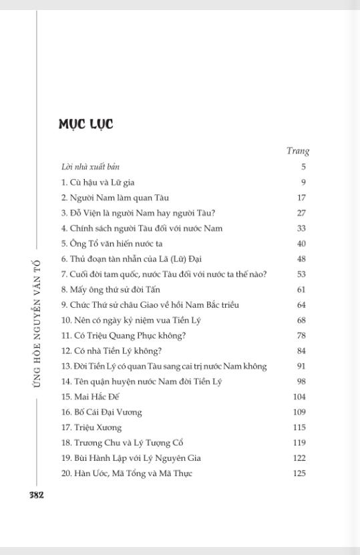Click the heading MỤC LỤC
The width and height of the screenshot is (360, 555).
click(85, 124)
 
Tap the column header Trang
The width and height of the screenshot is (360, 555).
click(297, 151)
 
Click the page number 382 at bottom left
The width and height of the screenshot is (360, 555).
click(36, 495)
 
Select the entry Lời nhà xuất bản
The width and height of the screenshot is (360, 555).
click(90, 167)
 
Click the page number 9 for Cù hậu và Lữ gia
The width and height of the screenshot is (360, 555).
click(303, 182)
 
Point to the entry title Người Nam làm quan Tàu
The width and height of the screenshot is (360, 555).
click(115, 198)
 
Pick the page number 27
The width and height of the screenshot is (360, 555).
click(301, 213)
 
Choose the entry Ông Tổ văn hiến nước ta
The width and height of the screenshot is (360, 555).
click(112, 244)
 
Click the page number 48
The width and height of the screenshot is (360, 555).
click(301, 259)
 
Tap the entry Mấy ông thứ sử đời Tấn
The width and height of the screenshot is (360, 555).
click(111, 290)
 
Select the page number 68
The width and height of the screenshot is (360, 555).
click(301, 320)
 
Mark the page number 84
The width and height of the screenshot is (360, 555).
click(301, 351)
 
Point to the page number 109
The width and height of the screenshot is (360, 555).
click(299, 412)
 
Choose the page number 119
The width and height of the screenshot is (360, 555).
click(299, 443)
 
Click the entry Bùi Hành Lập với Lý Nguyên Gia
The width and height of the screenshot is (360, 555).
click(131, 458)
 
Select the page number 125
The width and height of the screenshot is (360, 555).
click(299, 474)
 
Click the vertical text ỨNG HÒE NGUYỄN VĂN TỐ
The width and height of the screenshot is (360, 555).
click(37, 323)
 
